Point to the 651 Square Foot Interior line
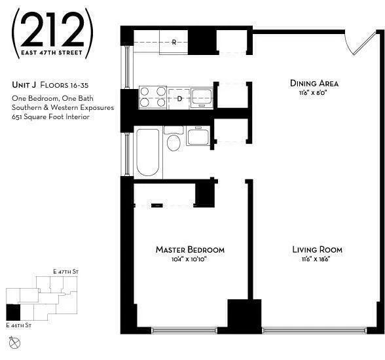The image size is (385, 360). click(x=50, y=117)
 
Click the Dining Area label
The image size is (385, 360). click(x=314, y=83)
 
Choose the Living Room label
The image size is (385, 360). click(x=317, y=249)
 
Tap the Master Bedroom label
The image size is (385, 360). click(x=190, y=249)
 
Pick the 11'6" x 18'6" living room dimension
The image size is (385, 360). click(x=317, y=259)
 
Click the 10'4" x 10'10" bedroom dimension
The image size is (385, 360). click(x=190, y=259)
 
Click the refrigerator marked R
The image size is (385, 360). click(x=174, y=43)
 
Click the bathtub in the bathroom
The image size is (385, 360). click(x=147, y=152)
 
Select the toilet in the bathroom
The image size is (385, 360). click(x=174, y=140)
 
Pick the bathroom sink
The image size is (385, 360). click(x=198, y=137)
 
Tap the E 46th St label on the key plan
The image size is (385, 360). click(x=19, y=325)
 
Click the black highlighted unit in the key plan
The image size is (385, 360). click(x=12, y=313)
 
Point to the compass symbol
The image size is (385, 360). click(x=14, y=341)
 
